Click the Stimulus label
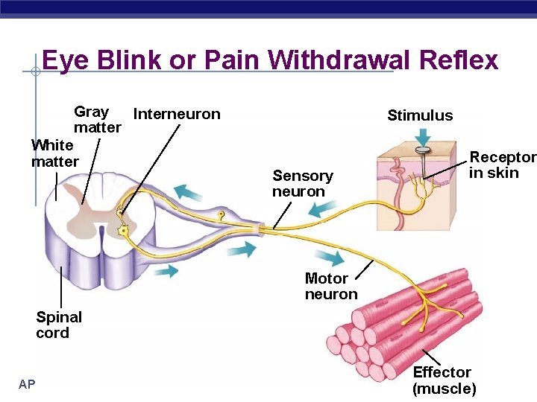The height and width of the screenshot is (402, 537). (420, 115)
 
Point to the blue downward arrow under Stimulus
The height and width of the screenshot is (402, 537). (423, 137)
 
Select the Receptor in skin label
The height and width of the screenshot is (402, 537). (502, 165)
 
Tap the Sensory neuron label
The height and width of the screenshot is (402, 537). (302, 184)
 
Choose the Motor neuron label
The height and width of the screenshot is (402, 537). (330, 286)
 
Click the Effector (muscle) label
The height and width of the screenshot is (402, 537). (444, 380)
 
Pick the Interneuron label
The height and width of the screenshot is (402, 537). (176, 114)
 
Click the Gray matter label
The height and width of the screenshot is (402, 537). (96, 119)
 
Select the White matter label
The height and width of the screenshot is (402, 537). (54, 153)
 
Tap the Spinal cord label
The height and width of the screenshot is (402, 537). (58, 325)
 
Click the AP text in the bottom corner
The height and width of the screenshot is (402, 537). (27, 384)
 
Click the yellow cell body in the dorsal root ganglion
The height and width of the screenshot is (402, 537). (221, 215)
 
